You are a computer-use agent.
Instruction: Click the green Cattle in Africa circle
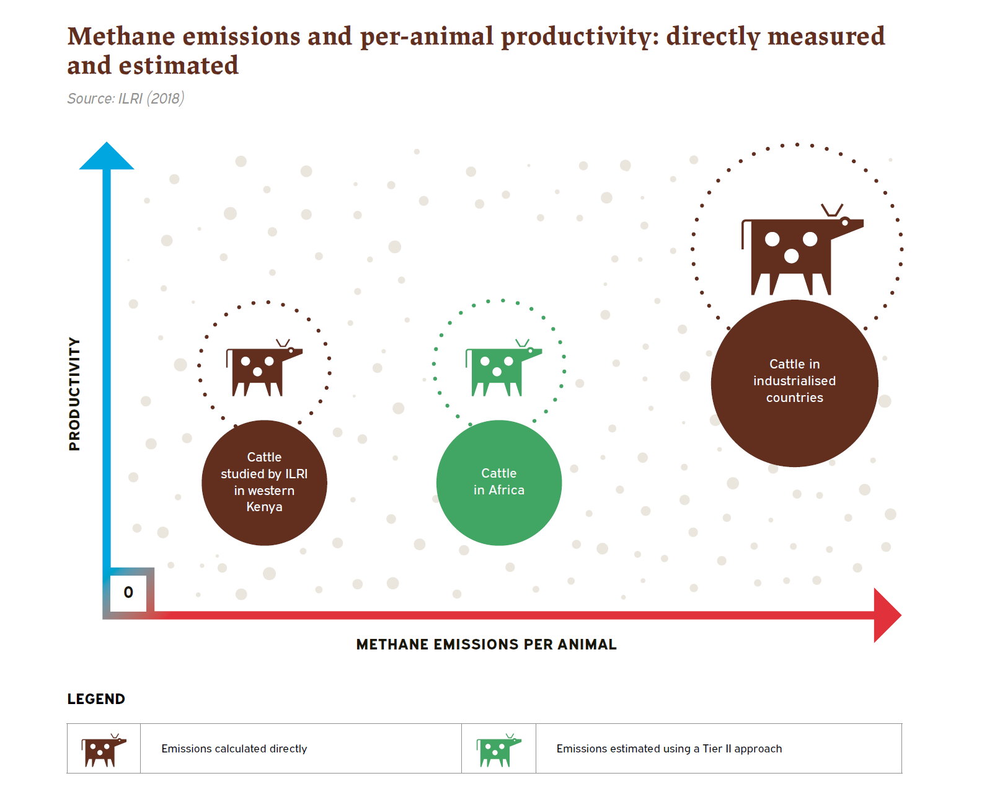[x=499, y=483]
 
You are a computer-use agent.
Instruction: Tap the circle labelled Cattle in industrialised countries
[x=794, y=383]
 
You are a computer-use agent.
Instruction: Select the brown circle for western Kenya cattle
[x=264, y=483]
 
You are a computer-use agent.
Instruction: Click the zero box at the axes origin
[x=128, y=592]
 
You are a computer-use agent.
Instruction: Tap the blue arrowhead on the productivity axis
[x=107, y=156]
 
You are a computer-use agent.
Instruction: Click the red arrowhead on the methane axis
[x=887, y=615]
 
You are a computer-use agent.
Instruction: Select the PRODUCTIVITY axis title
[x=74, y=394]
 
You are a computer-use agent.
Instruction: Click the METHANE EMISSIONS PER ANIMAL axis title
[x=486, y=645]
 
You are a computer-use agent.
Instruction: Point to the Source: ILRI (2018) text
[x=126, y=99]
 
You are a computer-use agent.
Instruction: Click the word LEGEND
[x=96, y=699]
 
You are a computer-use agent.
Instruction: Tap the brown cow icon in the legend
[x=103, y=750]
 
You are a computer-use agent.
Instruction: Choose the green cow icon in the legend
[x=498, y=750]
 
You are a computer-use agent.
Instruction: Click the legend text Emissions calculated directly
[x=234, y=749]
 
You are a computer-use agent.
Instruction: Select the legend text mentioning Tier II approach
[x=669, y=749]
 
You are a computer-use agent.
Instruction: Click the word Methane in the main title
[x=122, y=37]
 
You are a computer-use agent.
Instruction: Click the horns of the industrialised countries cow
[x=832, y=210]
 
